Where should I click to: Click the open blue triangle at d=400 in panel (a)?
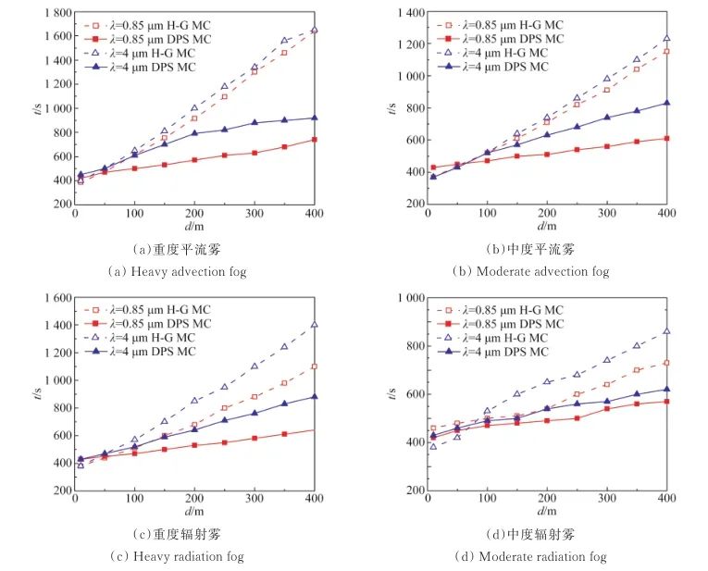[x=314, y=30]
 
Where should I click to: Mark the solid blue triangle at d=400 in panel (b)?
[x=666, y=103]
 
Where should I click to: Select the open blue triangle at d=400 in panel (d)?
[x=666, y=331]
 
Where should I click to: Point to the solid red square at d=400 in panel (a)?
[x=314, y=140]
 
